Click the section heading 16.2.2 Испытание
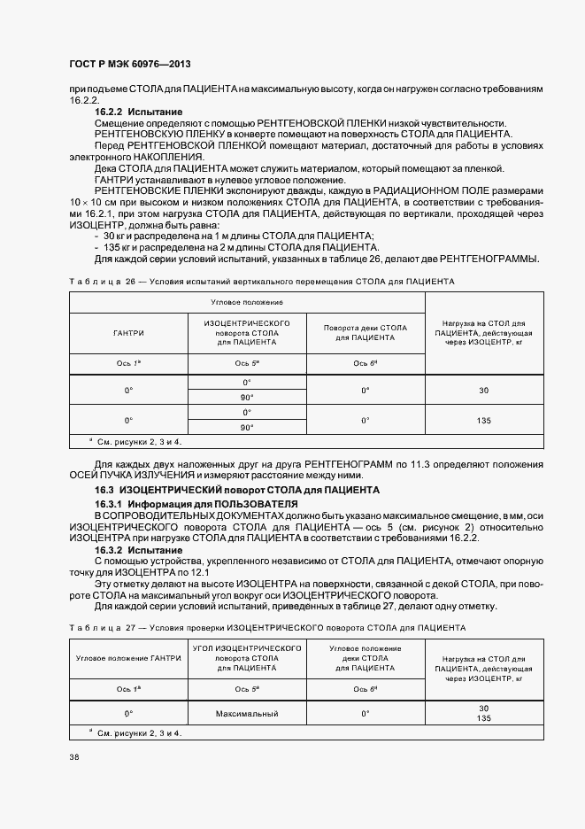pos(139,112)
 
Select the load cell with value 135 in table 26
pos(483,421)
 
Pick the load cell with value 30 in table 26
pos(483,390)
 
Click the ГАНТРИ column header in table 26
pos(128,333)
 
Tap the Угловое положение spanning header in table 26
pos(247,302)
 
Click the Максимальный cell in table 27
pos(247,713)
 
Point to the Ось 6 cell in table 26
pos(366,364)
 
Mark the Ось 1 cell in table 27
pos(128,688)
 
